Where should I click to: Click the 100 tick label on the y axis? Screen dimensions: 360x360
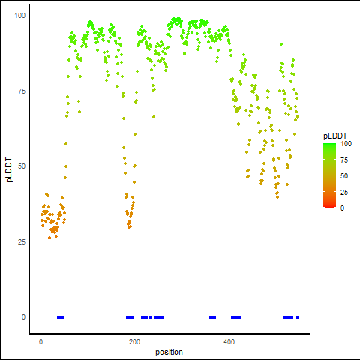20,16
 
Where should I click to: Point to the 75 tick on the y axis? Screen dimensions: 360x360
22,91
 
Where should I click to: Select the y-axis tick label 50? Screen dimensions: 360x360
22,166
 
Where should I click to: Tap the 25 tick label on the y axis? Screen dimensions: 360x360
22,241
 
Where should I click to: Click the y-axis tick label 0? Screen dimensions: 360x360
23,317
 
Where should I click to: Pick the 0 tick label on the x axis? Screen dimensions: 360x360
40,341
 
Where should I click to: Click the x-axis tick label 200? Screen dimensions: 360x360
134,341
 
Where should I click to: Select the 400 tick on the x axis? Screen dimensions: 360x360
229,341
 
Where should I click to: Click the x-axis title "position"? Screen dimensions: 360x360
169,352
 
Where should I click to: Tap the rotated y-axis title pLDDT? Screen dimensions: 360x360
9,170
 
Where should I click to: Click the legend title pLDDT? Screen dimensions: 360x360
335,136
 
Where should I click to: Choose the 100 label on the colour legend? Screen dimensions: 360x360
346,144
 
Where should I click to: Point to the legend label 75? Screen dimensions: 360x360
344,160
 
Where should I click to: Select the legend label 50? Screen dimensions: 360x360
344,176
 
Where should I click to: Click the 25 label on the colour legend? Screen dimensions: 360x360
344,192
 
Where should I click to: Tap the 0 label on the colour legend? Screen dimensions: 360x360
342,208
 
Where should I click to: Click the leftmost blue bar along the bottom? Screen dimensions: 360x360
60,317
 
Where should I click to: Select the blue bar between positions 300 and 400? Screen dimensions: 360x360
212,317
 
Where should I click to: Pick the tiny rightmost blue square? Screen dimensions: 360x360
298,317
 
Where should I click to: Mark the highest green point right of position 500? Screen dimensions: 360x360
281,44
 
